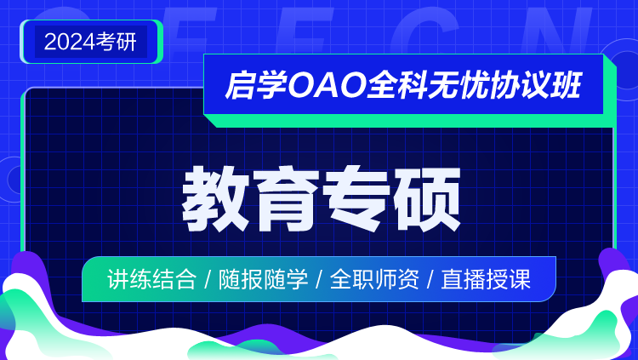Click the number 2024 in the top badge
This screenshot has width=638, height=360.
(70, 42)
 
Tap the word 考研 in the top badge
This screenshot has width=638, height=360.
(117, 42)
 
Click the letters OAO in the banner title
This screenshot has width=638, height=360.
(327, 85)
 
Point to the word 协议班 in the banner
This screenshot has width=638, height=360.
(536, 85)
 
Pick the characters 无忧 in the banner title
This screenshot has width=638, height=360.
(458, 85)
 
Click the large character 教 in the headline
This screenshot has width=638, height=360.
(216, 199)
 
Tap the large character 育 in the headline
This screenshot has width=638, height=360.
(286, 199)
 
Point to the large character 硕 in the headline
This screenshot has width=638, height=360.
(426, 199)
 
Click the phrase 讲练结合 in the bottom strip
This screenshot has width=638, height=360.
(151, 279)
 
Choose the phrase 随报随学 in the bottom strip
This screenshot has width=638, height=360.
(263, 279)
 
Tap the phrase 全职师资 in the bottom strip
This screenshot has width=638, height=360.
(374, 279)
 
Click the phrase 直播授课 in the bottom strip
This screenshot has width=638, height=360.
(486, 279)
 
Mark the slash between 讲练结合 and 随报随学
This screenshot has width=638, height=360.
(208, 280)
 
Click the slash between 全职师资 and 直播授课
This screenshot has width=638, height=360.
(430, 280)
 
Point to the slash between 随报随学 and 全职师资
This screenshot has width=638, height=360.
(319, 280)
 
